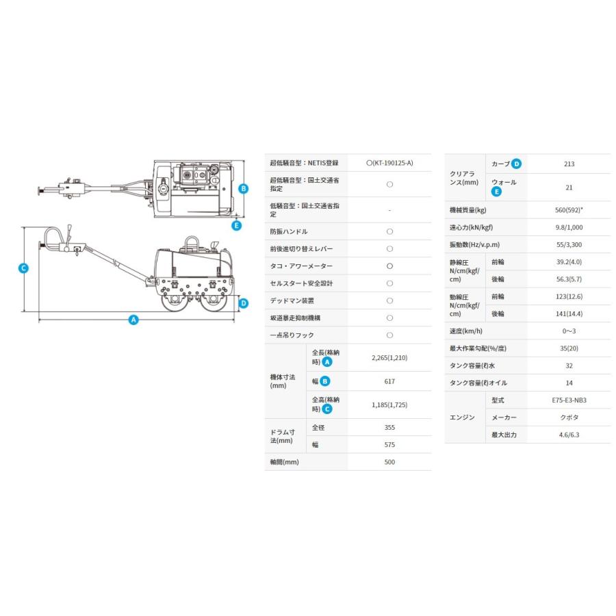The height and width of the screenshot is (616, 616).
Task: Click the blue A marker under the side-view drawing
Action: point(133,320)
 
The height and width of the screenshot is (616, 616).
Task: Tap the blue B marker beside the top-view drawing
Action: point(243,188)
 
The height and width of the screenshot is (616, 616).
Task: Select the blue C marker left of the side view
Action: point(23,268)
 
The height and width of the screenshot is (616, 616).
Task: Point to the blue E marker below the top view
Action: point(237,225)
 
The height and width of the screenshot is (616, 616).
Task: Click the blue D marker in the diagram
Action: point(244,303)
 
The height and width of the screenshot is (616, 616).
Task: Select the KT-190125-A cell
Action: point(389,163)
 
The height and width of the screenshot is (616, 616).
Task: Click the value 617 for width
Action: point(389,381)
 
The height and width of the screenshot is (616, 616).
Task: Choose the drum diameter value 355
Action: point(389,427)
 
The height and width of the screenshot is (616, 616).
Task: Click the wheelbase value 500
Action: point(389,462)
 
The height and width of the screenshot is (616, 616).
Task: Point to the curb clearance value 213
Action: point(569,164)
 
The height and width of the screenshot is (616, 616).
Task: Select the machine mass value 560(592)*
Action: point(569,209)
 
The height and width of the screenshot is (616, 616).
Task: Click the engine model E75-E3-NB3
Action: point(569,400)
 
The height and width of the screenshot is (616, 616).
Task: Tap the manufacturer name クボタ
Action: point(569,418)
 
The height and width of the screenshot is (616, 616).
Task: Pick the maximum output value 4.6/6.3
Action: point(569,435)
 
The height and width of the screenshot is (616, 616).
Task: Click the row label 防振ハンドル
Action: point(290,232)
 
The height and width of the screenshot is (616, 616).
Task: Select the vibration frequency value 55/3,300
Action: point(569,244)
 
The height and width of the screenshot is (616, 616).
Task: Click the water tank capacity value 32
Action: point(569,365)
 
